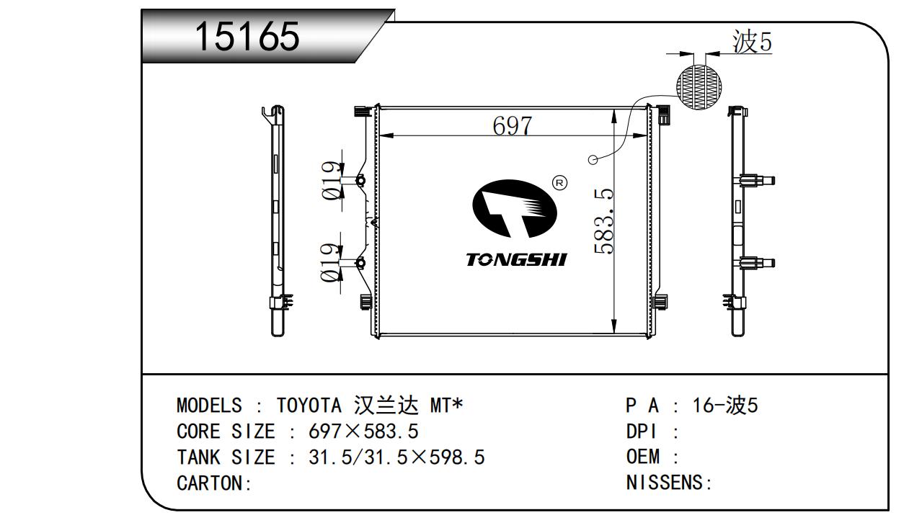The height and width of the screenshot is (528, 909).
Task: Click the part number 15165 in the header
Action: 247,37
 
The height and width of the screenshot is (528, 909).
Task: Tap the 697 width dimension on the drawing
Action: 512,126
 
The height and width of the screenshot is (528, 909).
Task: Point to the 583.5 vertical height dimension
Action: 604,221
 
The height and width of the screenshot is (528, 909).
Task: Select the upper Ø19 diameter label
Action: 330,181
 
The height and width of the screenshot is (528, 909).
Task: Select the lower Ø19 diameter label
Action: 330,263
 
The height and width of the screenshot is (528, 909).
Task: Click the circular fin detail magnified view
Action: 699,86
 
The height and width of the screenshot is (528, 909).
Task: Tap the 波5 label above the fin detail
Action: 752,42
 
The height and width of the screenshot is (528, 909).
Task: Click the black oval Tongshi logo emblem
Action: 515,209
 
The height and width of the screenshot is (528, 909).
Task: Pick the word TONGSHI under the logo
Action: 516,260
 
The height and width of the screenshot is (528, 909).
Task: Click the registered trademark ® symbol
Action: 560,183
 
